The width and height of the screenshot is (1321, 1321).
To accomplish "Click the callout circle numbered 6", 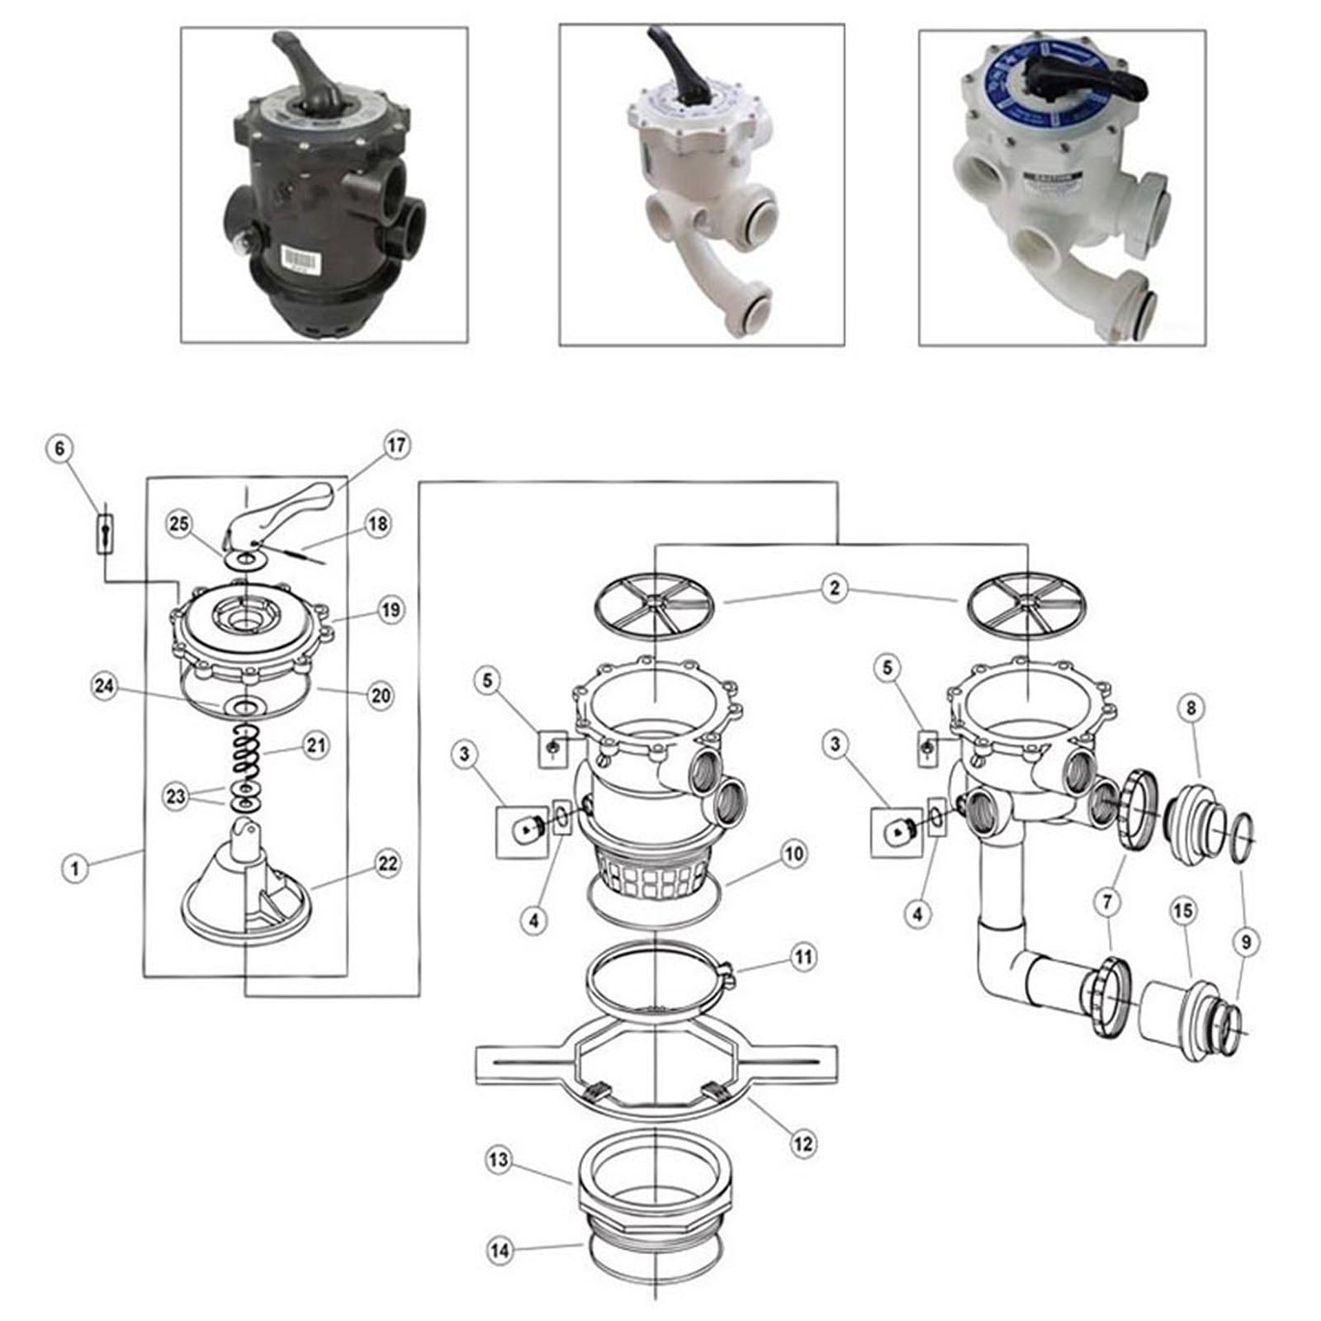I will [x=59, y=448].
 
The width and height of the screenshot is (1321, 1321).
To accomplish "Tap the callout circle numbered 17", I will [x=396, y=446].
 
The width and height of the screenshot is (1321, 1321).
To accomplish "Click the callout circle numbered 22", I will [x=387, y=864].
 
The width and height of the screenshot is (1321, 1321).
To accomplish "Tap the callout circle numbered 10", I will [x=793, y=853].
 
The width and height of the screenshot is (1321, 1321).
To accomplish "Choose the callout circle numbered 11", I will [x=803, y=957].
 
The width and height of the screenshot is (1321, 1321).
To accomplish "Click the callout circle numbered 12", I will [x=803, y=1143].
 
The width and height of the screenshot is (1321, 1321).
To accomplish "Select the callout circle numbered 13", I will [x=499, y=1160].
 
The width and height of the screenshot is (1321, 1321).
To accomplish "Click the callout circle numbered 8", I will [x=1191, y=708].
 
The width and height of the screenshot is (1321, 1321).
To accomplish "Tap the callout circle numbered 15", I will [x=1183, y=911].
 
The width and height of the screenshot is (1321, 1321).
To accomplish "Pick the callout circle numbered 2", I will [x=835, y=589].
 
